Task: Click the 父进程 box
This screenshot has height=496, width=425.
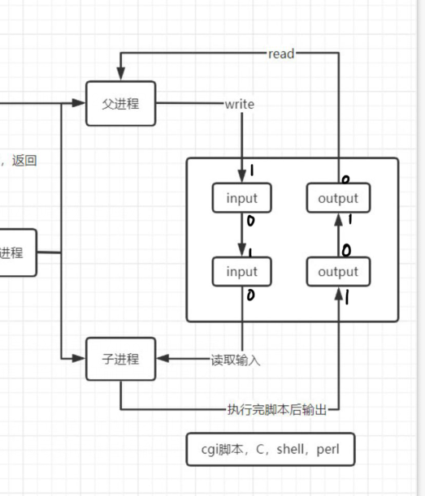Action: tap(120, 104)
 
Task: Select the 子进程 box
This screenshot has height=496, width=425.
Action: tap(120, 359)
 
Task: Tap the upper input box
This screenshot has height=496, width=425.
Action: tap(241, 198)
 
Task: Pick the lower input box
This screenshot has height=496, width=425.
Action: tap(241, 272)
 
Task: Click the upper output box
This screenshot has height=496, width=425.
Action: tap(337, 198)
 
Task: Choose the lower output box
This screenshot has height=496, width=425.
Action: tap(337, 272)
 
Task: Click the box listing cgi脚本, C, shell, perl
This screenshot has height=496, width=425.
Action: tap(271, 449)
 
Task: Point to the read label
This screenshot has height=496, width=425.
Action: tap(281, 54)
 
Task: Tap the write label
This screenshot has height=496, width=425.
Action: tap(240, 104)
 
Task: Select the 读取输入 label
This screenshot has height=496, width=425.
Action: tap(236, 360)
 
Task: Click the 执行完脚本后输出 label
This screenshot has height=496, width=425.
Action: tap(277, 410)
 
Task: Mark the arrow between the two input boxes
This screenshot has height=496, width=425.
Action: tap(241, 235)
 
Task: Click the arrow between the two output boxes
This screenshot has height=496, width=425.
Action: tap(337, 235)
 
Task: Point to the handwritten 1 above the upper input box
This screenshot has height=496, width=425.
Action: tap(251, 170)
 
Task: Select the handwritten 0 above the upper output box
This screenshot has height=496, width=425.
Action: tap(345, 179)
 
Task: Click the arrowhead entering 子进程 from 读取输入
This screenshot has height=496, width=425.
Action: tap(161, 359)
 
